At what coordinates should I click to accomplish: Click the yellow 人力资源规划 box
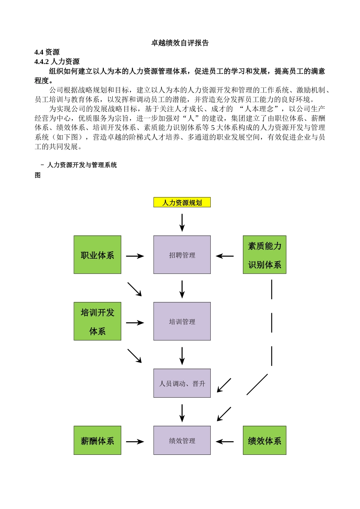click(x=182, y=203)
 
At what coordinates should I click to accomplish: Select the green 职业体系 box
click(x=97, y=255)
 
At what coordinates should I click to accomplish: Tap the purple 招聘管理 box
click(x=182, y=255)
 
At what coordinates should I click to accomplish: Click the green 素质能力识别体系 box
click(x=265, y=255)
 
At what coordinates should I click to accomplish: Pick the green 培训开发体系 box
click(x=97, y=321)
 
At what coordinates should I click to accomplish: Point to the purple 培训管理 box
click(x=182, y=321)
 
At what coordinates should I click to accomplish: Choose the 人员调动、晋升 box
click(x=182, y=383)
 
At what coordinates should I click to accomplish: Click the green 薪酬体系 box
click(x=97, y=440)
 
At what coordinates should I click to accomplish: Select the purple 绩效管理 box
click(x=182, y=440)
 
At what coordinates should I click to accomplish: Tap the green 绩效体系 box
click(x=265, y=440)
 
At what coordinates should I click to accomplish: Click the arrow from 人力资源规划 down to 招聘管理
click(x=182, y=222)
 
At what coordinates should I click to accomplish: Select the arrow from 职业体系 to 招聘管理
click(x=135, y=256)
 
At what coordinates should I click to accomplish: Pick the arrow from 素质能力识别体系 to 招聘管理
click(x=225, y=256)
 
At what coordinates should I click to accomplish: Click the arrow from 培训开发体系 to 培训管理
click(x=135, y=323)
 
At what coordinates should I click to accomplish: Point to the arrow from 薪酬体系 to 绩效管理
click(x=135, y=442)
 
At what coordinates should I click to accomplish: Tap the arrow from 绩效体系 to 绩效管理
click(x=225, y=442)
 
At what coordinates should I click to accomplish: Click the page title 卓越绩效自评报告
click(x=180, y=43)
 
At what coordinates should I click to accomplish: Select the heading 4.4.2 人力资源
click(x=57, y=62)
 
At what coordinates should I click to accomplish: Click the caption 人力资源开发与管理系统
click(x=81, y=165)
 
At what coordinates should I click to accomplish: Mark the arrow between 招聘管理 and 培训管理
click(x=182, y=289)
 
